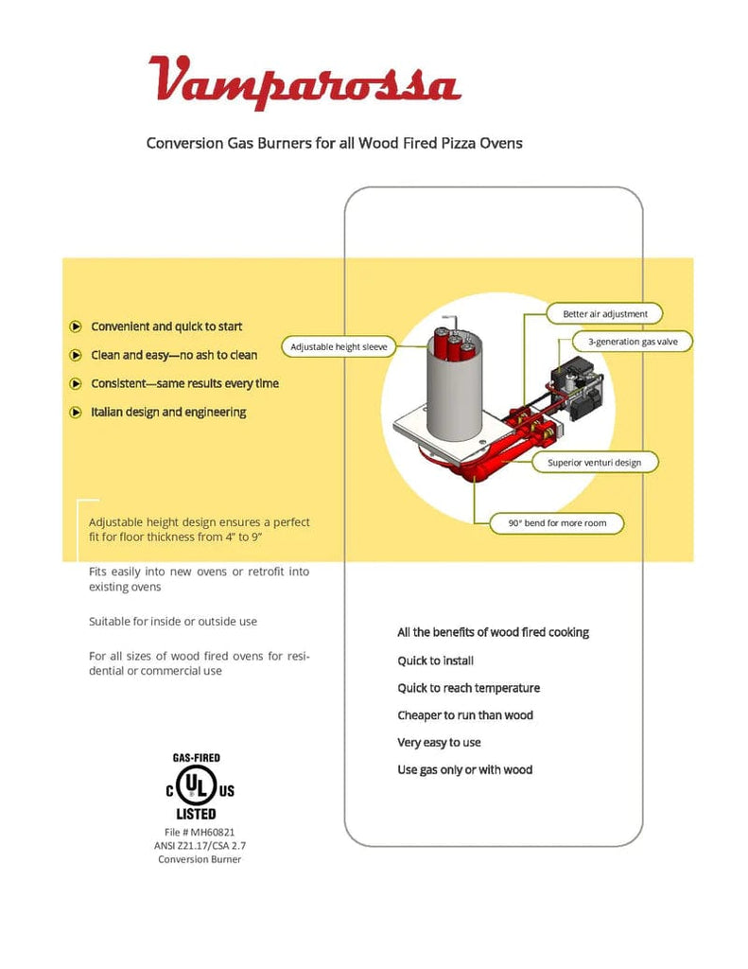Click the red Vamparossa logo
304,79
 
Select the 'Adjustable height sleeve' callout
339,347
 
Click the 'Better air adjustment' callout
605,313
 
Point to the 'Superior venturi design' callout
594,463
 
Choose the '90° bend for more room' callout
558,522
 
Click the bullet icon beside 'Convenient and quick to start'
76,326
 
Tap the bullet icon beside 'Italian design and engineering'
76,413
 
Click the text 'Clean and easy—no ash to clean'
174,355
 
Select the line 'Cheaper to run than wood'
465,715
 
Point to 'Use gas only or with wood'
464,770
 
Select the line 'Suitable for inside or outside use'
173,622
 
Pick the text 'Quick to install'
435,661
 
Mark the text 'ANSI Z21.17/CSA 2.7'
200,845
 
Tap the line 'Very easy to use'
439,743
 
